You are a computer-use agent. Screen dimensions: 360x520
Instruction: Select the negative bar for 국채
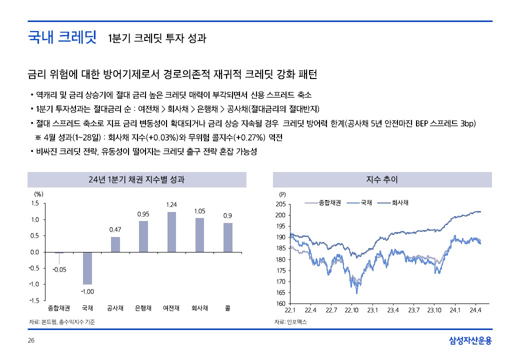point(87,268)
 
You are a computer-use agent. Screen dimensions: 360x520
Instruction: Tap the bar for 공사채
point(115,244)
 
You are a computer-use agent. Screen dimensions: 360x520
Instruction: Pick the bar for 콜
point(228,237)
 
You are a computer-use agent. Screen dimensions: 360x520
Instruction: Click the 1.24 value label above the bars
point(171,204)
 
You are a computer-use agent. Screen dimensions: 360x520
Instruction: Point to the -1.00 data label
point(87,291)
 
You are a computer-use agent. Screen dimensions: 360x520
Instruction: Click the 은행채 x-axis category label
point(143,308)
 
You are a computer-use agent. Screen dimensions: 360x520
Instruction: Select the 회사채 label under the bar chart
point(200,308)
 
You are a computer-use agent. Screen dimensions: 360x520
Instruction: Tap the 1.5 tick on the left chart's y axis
point(34,203)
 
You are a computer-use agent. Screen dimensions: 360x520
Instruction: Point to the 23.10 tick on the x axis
point(434,310)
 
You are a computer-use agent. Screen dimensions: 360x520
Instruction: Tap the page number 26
point(31,341)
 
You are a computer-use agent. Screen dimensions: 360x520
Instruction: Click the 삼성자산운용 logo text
point(470,341)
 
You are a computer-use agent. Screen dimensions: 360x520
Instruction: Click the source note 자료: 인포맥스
point(291,322)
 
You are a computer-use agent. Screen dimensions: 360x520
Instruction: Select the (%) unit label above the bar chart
point(38,193)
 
